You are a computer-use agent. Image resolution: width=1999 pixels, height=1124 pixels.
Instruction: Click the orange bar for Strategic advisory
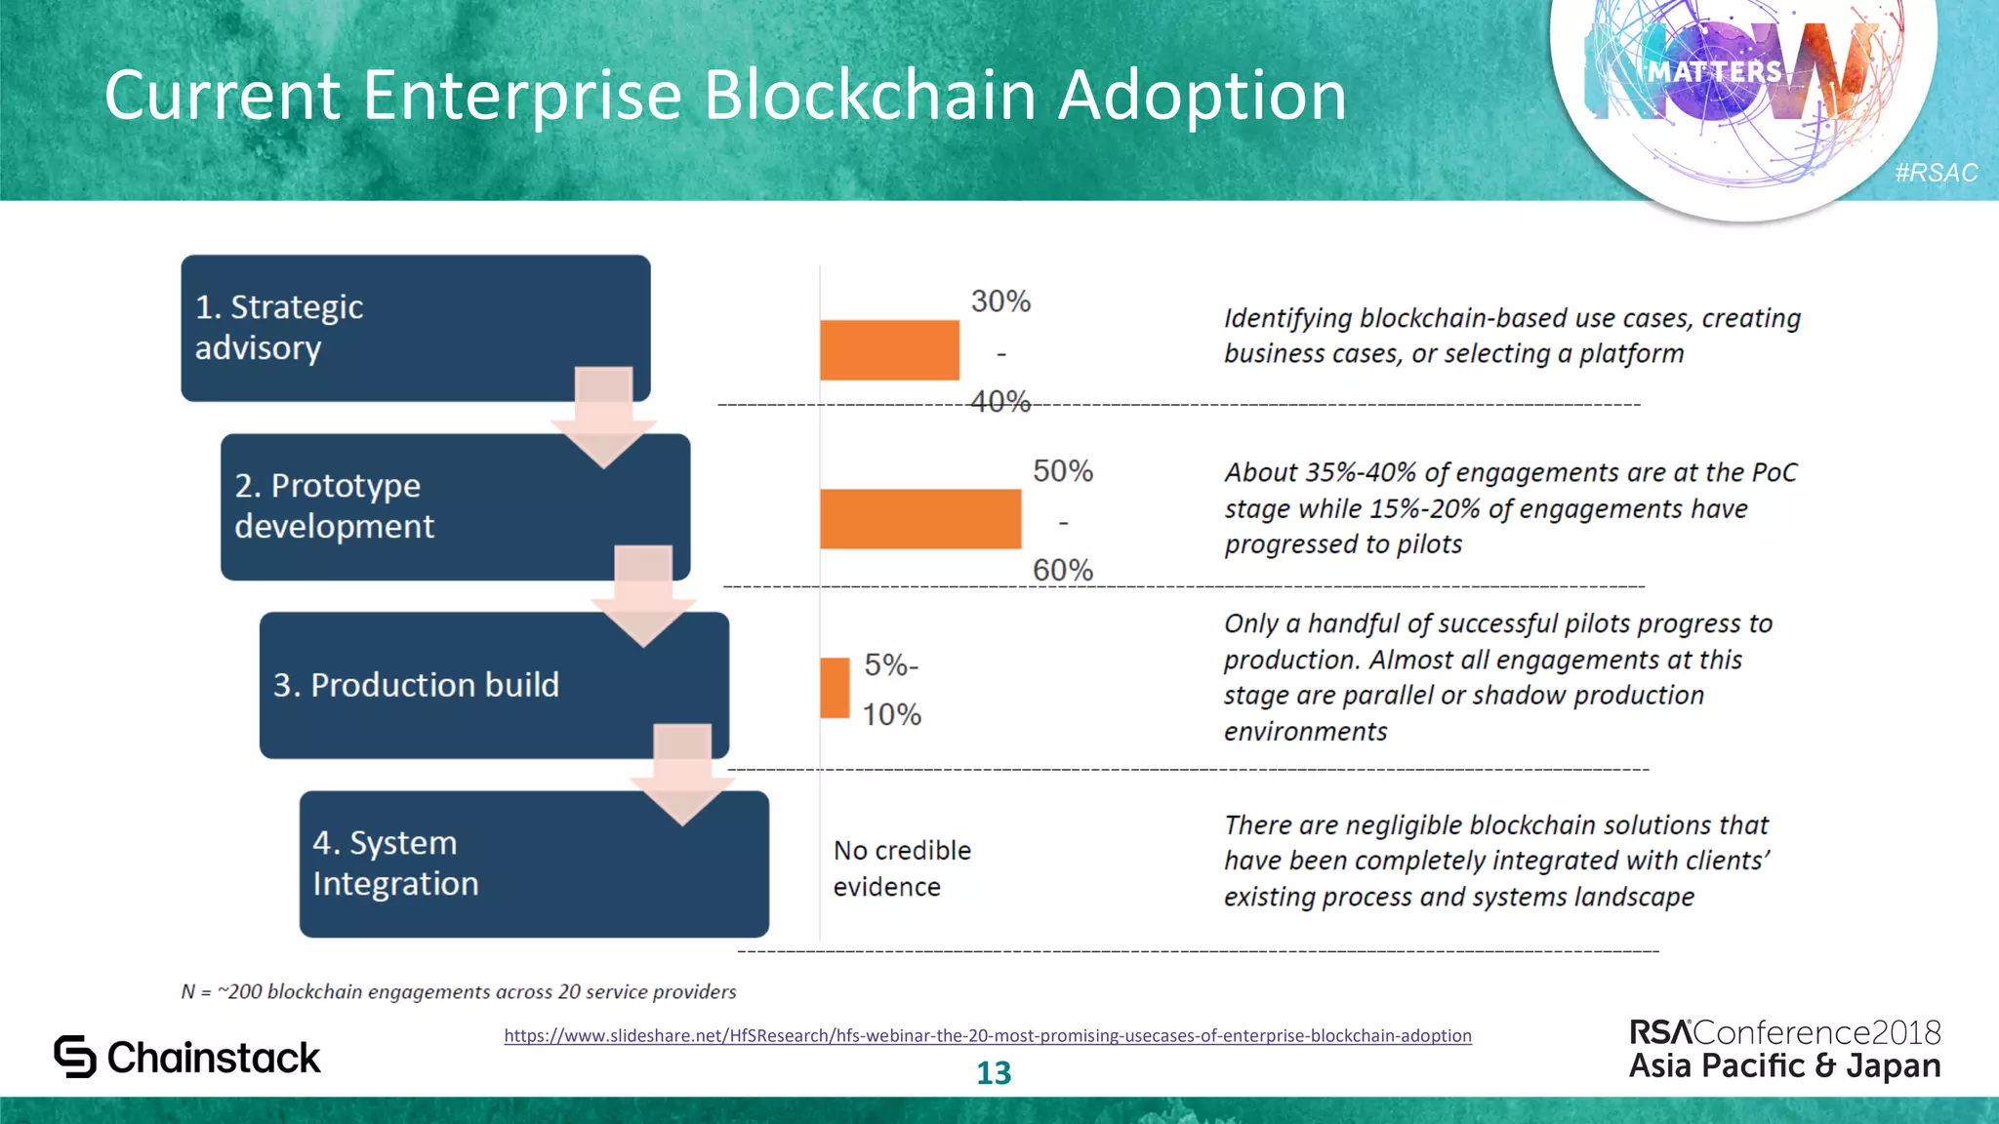(889, 349)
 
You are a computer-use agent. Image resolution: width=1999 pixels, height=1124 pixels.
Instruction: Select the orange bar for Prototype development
(920, 518)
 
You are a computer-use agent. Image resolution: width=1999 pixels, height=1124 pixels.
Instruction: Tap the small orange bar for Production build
(835, 688)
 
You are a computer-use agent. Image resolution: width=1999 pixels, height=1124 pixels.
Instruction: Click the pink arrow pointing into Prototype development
(603, 418)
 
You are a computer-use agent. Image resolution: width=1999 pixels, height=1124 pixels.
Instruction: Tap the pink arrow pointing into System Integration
(682, 776)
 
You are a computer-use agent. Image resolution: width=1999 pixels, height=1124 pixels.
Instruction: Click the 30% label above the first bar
(1000, 301)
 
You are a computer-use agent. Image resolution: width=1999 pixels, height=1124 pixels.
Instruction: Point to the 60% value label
(1063, 570)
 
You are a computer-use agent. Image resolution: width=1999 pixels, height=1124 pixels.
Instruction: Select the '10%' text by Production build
(891, 714)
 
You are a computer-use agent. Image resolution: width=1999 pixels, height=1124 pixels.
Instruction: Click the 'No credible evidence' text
(901, 868)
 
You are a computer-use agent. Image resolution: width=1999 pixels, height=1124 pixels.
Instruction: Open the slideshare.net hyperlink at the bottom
(987, 1035)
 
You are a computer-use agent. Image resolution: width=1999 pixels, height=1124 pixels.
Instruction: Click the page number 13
(994, 1073)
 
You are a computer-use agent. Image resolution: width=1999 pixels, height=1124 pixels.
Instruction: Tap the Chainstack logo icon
(75, 1057)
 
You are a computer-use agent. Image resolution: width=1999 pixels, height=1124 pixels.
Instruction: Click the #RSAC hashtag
(1936, 173)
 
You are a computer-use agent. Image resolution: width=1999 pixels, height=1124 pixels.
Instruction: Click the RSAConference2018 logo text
(1784, 1032)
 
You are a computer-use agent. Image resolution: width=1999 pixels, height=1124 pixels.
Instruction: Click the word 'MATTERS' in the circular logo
(1715, 71)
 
